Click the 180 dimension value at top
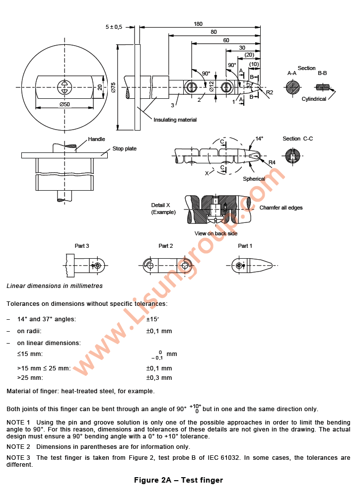(198, 24)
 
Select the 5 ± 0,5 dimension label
(114, 27)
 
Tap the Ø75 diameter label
(113, 87)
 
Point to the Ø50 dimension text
(64, 104)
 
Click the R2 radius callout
(269, 93)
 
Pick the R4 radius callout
(272, 163)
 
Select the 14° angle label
(259, 139)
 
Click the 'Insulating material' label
(175, 120)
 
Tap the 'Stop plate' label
(124, 148)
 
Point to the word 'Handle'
(96, 140)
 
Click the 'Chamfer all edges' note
(281, 208)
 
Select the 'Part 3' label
(82, 246)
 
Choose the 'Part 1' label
(245, 246)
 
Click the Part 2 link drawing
(166, 266)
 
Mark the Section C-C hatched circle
(293, 157)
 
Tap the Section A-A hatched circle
(292, 87)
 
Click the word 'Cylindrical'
(314, 99)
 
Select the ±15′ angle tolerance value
(153, 319)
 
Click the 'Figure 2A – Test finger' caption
(178, 480)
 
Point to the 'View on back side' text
(216, 233)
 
